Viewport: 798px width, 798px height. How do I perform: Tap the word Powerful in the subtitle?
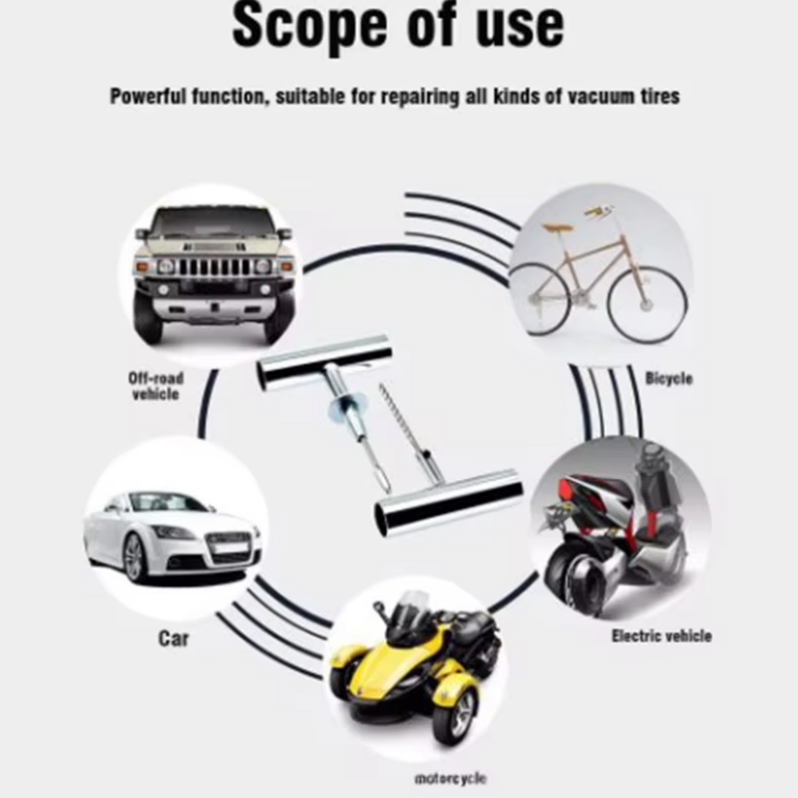(x=148, y=96)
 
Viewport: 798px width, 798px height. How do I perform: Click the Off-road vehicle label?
(x=156, y=386)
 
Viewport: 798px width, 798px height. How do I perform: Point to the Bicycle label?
(x=668, y=378)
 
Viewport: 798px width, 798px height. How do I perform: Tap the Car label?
(x=174, y=638)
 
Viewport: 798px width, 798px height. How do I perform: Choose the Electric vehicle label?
(x=661, y=635)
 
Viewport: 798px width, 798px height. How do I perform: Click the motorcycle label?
(x=451, y=778)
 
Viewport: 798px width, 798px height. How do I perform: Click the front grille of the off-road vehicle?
(x=213, y=266)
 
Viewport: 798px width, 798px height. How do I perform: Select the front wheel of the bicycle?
(x=647, y=304)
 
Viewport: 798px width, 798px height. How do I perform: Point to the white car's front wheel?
(x=135, y=558)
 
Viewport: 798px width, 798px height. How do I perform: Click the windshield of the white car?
(x=171, y=503)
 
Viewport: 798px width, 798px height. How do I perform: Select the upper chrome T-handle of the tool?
(x=324, y=362)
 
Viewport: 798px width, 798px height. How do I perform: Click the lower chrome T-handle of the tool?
(x=448, y=503)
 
